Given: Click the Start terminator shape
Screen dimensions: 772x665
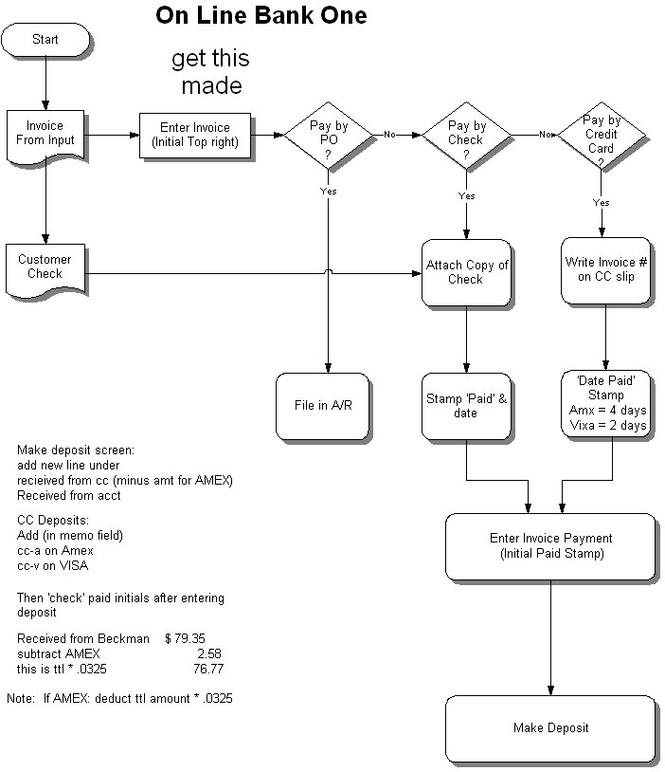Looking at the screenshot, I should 45,40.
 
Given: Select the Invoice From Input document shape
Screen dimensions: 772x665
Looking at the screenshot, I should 45,134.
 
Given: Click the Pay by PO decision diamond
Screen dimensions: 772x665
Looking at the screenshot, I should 328,135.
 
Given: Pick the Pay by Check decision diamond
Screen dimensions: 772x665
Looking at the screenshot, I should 466,135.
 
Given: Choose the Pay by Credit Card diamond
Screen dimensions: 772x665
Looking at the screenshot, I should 601,135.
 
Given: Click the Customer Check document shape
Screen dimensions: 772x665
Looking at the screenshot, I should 45,267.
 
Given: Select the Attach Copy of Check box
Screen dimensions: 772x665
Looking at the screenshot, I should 465,272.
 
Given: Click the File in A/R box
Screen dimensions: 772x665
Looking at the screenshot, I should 319,406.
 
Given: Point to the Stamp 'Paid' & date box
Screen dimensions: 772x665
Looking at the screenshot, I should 465,406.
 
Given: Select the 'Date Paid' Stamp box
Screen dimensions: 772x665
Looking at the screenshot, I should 605,405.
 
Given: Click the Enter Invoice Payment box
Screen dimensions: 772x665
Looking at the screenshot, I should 551,546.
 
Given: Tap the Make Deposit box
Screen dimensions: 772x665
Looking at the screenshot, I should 551,728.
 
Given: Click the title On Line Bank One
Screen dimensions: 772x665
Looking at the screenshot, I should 261,16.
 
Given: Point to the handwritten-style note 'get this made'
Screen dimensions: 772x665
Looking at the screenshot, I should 210,72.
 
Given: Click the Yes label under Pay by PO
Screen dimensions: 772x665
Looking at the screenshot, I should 328,191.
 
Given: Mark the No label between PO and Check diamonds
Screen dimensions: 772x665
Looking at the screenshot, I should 388,135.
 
